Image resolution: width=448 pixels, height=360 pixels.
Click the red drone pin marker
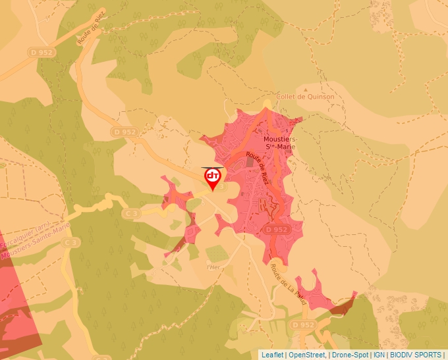coord(212,177)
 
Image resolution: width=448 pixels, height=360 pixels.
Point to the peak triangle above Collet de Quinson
coord(305,88)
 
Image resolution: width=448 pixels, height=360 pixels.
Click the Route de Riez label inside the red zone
coord(258,168)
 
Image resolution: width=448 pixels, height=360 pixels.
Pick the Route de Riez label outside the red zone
coord(86,33)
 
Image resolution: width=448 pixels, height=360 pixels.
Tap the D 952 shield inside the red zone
coord(277,229)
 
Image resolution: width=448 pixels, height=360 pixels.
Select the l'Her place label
coord(212,267)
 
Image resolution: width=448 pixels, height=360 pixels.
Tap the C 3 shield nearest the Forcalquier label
coord(71,243)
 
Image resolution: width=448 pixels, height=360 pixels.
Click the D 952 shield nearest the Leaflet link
coord(303,325)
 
